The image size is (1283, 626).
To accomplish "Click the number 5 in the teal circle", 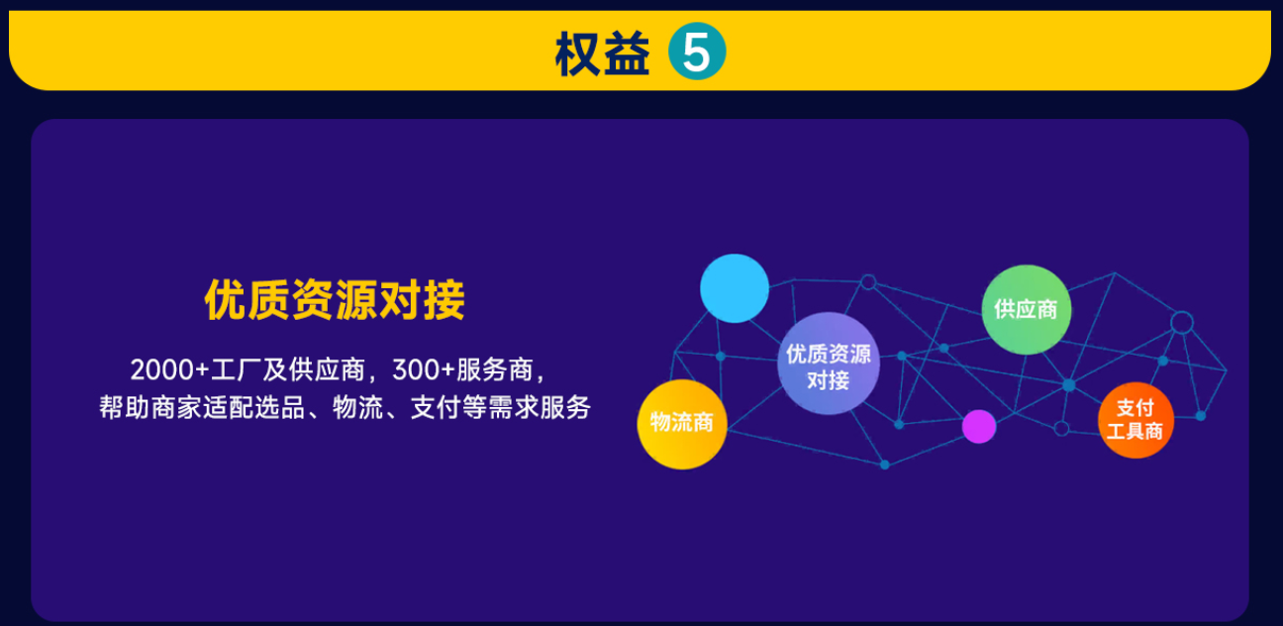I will point(697,52).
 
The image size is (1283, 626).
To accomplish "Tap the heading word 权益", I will point(602,53).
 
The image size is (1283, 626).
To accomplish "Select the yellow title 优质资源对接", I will point(335,300).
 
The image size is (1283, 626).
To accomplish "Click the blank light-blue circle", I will point(735,288).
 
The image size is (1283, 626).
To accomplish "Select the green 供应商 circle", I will point(1026,309).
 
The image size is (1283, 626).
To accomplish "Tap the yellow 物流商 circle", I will point(681,423).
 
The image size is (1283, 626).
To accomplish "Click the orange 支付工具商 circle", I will point(1135,420).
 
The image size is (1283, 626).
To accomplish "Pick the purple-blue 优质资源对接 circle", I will point(829,364).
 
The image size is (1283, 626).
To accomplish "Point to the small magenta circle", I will point(978,426).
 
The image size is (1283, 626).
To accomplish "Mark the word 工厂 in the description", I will point(236,369).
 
